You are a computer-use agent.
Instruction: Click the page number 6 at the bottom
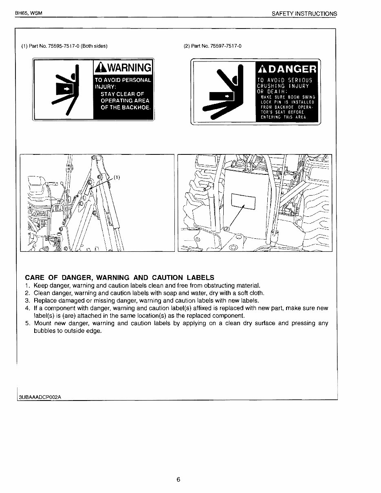[178, 479]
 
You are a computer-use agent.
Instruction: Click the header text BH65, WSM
[29, 13]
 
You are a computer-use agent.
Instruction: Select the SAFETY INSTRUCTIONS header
[304, 13]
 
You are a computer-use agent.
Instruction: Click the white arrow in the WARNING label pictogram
[64, 87]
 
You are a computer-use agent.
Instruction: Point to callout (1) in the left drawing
[117, 177]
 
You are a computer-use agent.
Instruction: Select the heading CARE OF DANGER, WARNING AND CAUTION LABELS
[119, 277]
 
